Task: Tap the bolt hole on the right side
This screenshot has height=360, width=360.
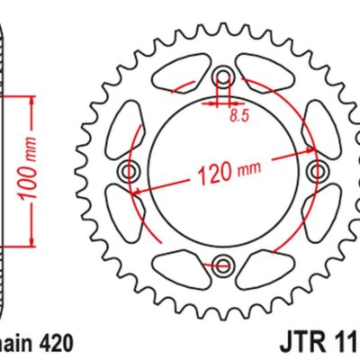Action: click(x=315, y=171)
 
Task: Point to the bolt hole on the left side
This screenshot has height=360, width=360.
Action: click(x=129, y=171)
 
